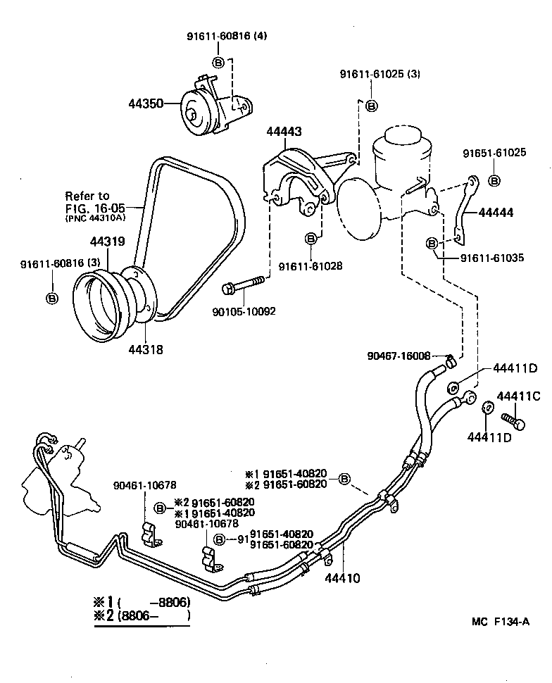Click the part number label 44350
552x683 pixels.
click(x=145, y=104)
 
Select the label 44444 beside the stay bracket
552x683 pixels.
click(x=496, y=212)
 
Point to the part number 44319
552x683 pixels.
click(x=107, y=242)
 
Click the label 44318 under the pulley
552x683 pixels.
click(x=145, y=349)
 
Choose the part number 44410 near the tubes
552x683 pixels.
click(x=342, y=579)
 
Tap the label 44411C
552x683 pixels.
click(x=518, y=396)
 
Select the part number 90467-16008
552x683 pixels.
click(x=399, y=356)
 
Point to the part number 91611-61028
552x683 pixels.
click(x=310, y=265)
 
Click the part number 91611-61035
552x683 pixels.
click(x=492, y=258)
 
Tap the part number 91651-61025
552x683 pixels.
click(x=494, y=153)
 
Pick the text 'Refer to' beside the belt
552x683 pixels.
click(x=87, y=195)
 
